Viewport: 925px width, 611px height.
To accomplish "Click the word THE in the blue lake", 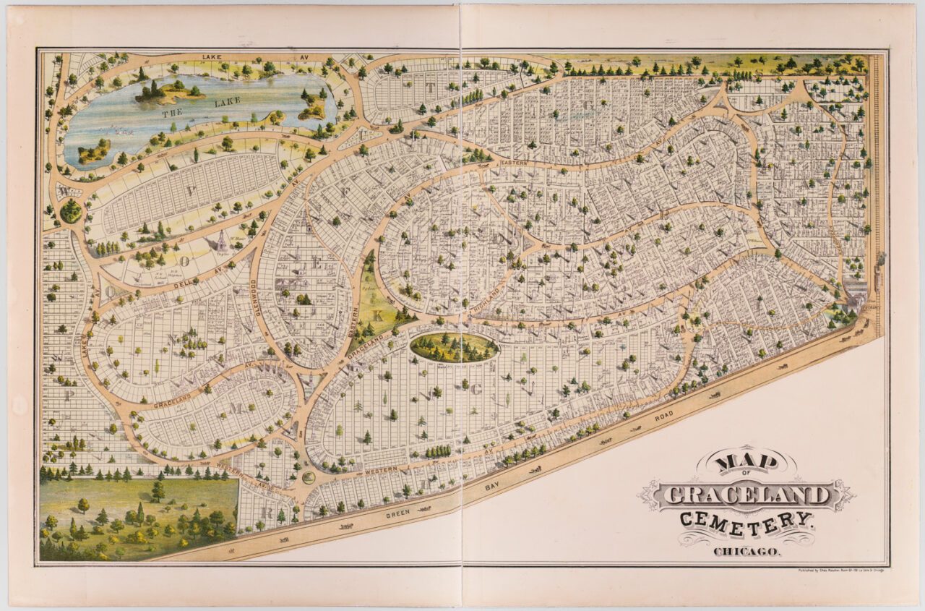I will pyautogui.click(x=173, y=113).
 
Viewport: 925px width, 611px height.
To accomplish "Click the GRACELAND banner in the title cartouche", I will pyautogui.click(x=747, y=495).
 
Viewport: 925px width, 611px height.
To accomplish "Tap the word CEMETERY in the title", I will pyautogui.click(x=747, y=521).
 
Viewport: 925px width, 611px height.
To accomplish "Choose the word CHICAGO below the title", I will pyautogui.click(x=747, y=552).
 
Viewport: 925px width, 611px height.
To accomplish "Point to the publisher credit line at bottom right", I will pyautogui.click(x=835, y=569).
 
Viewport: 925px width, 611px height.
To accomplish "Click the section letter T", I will pyautogui.click(x=431, y=88).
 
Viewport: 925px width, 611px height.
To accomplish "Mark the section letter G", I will pyautogui.click(x=476, y=390).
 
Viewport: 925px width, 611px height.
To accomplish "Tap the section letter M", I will pyautogui.click(x=236, y=409).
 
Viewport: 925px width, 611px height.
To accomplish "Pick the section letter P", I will pyautogui.click(x=69, y=395).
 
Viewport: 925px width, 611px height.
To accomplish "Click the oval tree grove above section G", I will pyautogui.click(x=454, y=347).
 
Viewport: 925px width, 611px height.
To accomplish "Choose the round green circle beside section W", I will pyautogui.click(x=71, y=211).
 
